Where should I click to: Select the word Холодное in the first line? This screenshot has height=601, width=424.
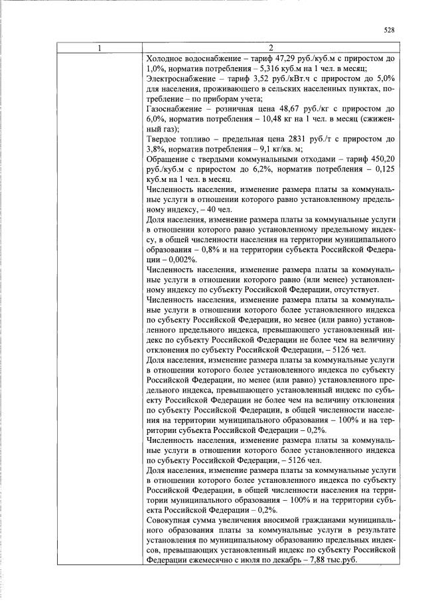[165, 58]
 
